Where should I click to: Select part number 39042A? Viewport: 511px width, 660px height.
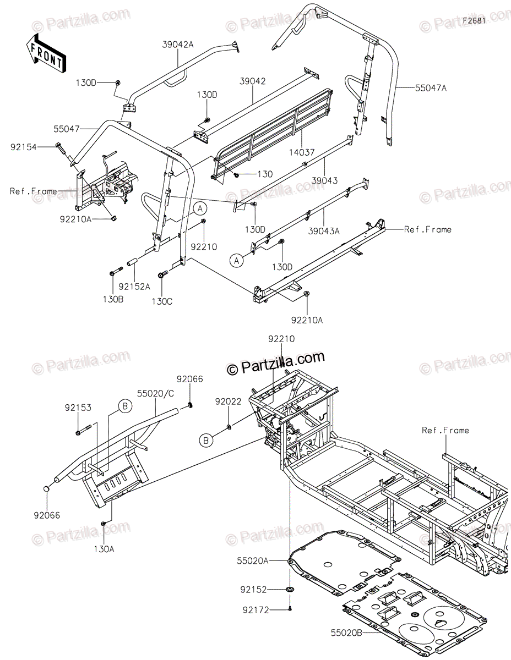click(x=178, y=46)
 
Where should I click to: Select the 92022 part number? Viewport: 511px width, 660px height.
click(x=227, y=402)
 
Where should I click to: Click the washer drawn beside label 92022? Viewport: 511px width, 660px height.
click(x=228, y=426)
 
